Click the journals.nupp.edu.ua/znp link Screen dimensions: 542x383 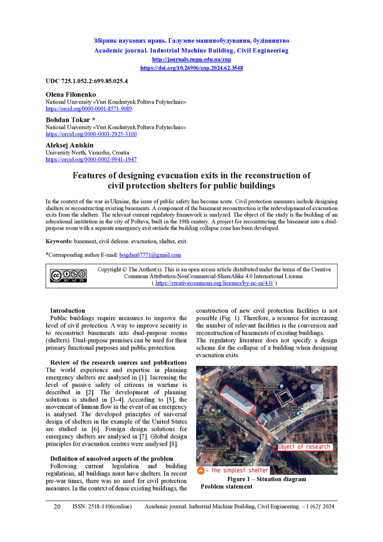coord(191,60)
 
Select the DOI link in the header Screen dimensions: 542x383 coord(191,68)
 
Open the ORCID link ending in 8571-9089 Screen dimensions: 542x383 coord(89,109)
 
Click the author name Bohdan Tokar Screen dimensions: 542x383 coord(68,120)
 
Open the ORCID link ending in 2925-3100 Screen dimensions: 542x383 coord(91,134)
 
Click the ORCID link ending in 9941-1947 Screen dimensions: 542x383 coord(91,159)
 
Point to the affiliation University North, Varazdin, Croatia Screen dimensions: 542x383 coord(87,152)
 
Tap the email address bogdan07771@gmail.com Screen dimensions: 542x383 coord(150,255)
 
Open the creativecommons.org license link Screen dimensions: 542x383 coord(214,284)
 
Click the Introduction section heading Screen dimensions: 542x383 coord(67,311)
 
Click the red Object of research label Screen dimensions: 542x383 coord(305,447)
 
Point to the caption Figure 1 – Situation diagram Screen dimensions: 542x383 coord(266,480)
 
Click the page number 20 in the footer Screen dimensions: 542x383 coord(57,507)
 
